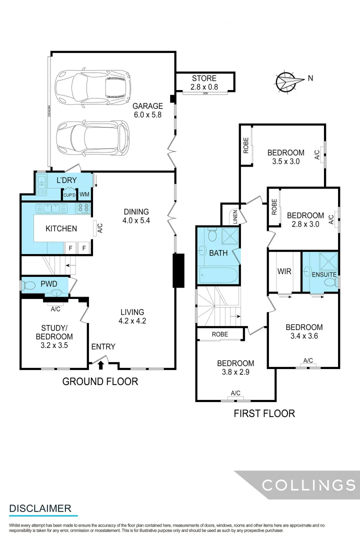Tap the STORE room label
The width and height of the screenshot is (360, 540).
204,78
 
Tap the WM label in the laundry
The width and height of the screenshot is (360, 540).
84,194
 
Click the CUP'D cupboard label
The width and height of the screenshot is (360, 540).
69,195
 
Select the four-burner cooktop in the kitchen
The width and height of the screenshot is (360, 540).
83,208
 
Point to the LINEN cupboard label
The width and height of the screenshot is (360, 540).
233,216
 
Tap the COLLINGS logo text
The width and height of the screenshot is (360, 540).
308,485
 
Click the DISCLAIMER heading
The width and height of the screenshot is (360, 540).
40,508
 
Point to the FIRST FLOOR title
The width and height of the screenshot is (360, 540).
264,413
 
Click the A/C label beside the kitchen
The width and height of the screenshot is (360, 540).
100,228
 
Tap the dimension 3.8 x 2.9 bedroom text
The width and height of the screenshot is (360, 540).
235,372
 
